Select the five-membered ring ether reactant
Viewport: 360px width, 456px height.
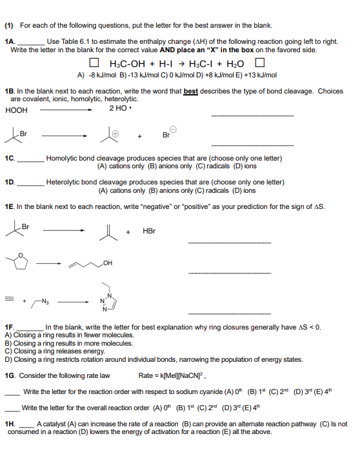(x=17, y=263)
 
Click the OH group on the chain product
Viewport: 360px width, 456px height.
(x=107, y=263)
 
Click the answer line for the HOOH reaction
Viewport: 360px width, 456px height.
(x=252, y=115)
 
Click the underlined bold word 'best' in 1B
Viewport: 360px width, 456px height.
(x=190, y=91)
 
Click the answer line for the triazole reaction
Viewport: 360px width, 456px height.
(x=228, y=313)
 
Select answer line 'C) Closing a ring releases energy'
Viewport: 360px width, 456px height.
(x=49, y=352)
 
